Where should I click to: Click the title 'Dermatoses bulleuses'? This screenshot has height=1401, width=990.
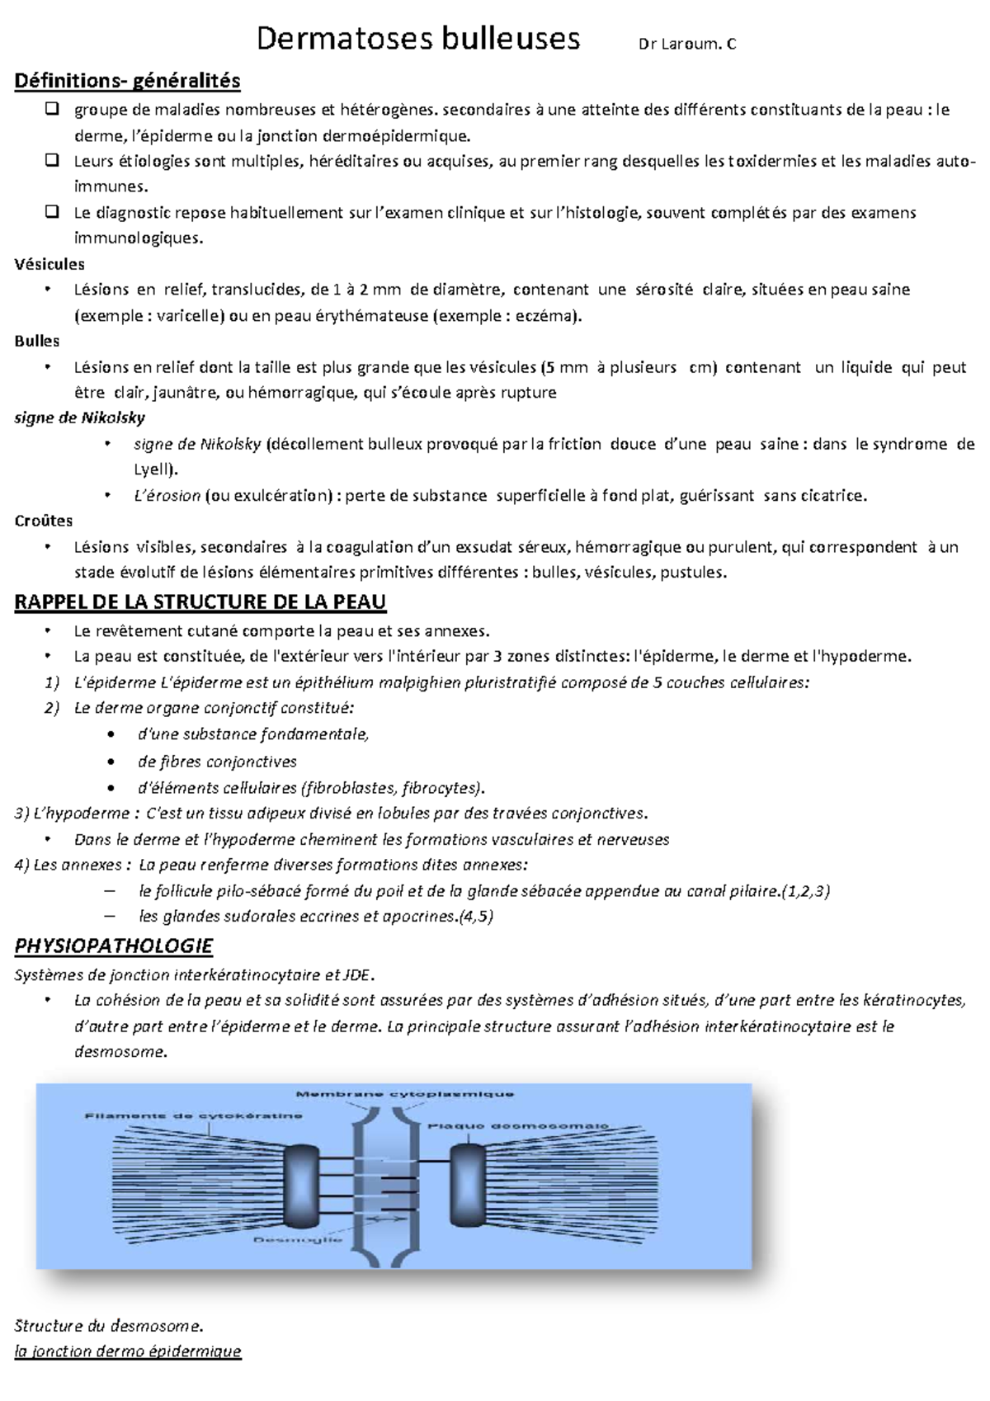click(x=418, y=39)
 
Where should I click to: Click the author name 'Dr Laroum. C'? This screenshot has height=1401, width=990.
click(x=687, y=45)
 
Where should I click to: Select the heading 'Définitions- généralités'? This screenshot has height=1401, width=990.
click(x=127, y=81)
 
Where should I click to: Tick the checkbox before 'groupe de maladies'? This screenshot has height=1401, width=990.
click(x=52, y=109)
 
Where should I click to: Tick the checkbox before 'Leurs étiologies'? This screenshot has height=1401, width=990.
click(x=52, y=160)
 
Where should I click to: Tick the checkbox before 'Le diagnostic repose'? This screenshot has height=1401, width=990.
click(x=52, y=212)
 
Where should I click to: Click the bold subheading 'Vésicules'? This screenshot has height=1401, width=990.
click(x=49, y=264)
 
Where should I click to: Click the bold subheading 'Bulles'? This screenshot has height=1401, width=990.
click(x=37, y=341)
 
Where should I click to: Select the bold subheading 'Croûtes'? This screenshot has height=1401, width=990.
click(x=44, y=521)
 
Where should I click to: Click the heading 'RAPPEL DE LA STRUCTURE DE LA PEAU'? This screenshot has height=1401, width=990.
click(x=200, y=602)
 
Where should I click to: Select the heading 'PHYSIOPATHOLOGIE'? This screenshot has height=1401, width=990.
click(x=114, y=946)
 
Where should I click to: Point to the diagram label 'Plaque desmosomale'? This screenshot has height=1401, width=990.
click(x=517, y=1125)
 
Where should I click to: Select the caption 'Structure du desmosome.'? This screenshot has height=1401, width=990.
click(x=108, y=1326)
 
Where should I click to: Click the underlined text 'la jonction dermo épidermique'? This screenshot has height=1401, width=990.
click(x=128, y=1351)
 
